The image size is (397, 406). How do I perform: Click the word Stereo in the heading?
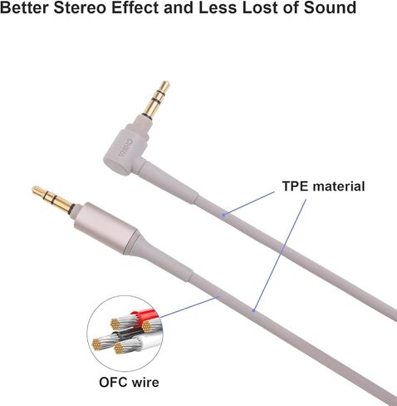click(x=80, y=7)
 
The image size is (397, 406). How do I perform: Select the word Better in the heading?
click(x=24, y=7)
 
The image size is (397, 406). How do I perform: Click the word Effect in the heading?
click(x=135, y=7)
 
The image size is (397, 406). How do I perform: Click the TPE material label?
click(x=323, y=186)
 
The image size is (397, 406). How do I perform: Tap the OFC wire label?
click(x=129, y=383)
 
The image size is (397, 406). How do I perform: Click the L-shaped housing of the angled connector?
click(x=126, y=147)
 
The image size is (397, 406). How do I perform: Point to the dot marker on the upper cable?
click(x=224, y=215)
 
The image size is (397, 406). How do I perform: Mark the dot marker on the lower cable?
click(x=253, y=310)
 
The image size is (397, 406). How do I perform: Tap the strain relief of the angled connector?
click(x=169, y=181)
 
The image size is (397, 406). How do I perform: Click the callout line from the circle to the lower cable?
click(x=189, y=306)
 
